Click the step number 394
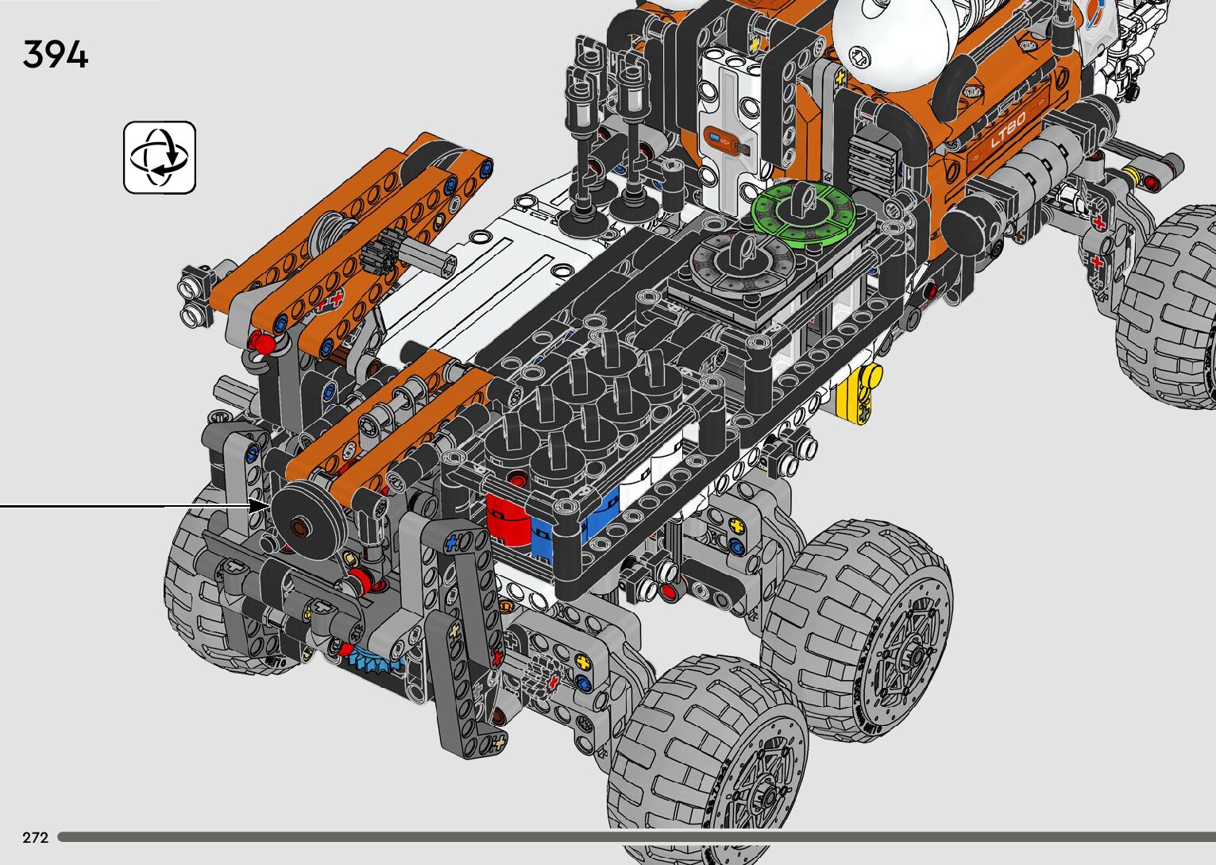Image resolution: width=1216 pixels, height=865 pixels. coord(56,54)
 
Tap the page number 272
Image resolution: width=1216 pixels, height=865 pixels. coord(36,837)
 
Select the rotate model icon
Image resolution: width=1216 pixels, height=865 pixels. coord(160,157)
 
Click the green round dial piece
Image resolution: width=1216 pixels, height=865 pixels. coord(804,209)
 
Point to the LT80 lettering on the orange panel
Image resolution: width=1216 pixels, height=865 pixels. coord(1008,130)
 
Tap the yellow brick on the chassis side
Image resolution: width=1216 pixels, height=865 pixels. coord(859,393)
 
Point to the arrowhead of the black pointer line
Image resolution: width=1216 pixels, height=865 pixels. coord(260,507)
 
